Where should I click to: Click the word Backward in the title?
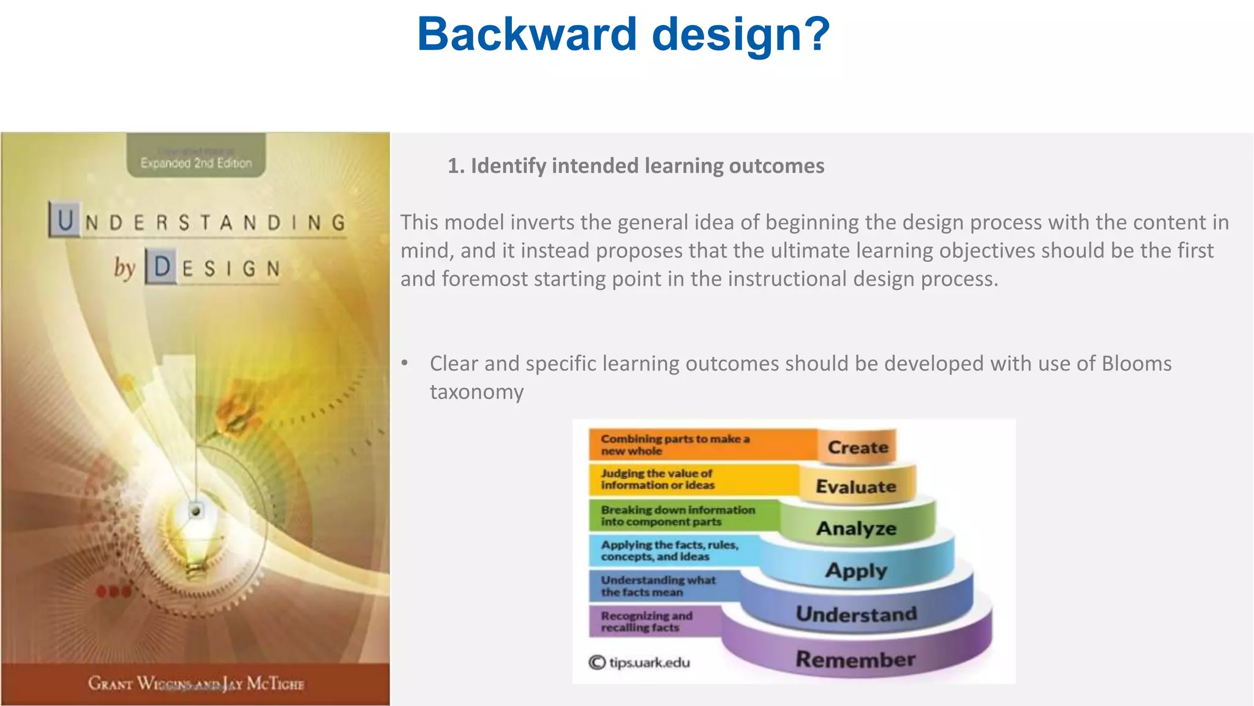(x=527, y=34)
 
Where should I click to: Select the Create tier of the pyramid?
(x=857, y=447)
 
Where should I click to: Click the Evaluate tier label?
(x=856, y=487)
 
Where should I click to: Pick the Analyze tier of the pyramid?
(x=856, y=528)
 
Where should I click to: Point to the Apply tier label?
(x=856, y=571)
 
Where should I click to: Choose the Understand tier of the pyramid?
(x=856, y=614)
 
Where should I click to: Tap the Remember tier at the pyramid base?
(x=856, y=659)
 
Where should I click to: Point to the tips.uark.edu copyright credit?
(x=639, y=662)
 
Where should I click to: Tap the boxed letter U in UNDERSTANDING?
(x=65, y=221)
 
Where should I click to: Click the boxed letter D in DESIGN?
(x=162, y=267)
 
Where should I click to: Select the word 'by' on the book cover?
(x=124, y=267)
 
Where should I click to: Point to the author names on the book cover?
(x=196, y=683)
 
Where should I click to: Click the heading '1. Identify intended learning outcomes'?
(x=636, y=166)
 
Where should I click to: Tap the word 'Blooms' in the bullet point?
(x=1136, y=364)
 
